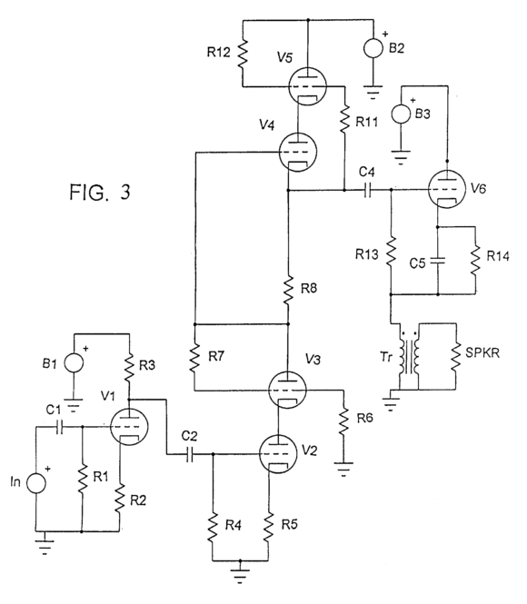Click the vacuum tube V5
pos(307,86)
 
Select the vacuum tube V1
pos(129,428)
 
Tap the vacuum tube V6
pos(447,189)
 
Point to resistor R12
pos(243,54)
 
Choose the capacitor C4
pos(367,190)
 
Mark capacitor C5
pos(438,261)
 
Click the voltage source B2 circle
pos(373,48)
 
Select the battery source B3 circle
pos(401,114)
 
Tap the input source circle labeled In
pos(35,483)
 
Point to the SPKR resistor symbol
pos(456,356)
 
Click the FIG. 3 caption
pos(100,192)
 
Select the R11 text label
pos(367,122)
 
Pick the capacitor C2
pos(189,454)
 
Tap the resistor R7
pos(195,359)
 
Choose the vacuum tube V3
pos(287,390)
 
